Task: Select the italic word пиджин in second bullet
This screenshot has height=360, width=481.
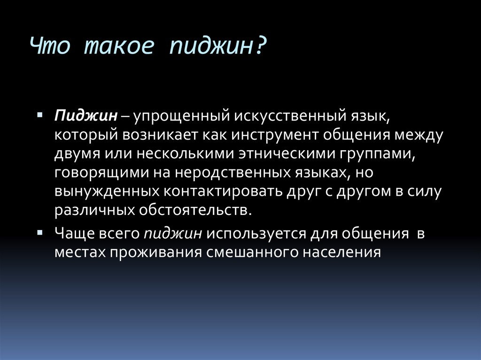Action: click(173, 233)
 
